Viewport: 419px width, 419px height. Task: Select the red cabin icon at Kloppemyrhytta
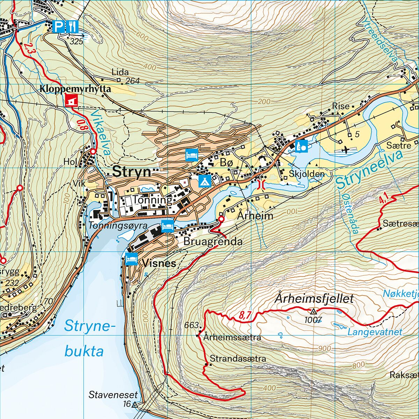pos(72,101)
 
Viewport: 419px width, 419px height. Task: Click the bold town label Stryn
pos(132,172)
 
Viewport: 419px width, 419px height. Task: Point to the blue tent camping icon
pos(205,181)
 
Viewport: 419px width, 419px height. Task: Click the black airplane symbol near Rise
pos(346,150)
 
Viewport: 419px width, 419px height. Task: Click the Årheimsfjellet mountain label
pos(314,299)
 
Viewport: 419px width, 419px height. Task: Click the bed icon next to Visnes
pos(131,259)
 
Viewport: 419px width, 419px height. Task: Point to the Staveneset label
pos(113,395)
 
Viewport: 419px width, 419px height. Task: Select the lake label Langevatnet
pos(375,332)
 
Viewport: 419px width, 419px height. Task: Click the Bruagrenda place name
pos(213,242)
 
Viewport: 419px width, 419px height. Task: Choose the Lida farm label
pos(120,72)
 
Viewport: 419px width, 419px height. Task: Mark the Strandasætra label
pos(238,359)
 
